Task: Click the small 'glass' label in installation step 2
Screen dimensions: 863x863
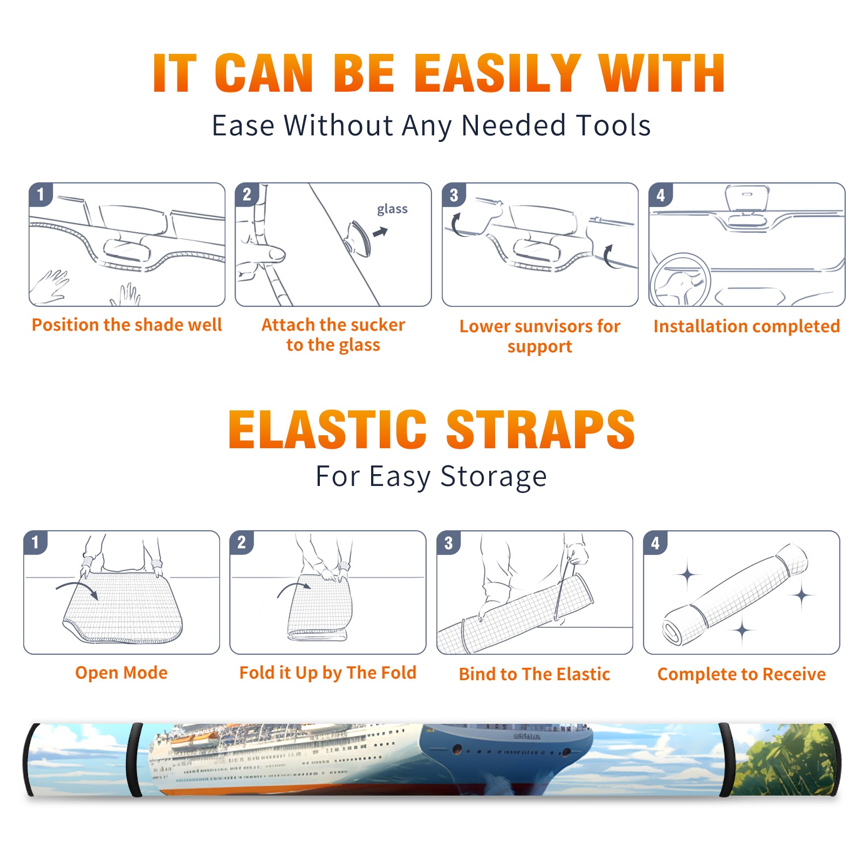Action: (392, 209)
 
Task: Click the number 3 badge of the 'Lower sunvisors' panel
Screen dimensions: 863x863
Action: (454, 195)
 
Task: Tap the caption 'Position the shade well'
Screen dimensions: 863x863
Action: (127, 325)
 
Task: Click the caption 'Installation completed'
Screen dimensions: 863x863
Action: (746, 326)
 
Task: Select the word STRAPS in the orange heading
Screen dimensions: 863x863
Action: (540, 429)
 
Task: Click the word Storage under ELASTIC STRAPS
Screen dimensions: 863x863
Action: (494, 477)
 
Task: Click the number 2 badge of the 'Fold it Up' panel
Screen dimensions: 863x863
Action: (241, 542)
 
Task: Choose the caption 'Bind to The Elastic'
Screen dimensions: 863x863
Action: (535, 674)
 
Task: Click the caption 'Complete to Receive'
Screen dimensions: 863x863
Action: (742, 674)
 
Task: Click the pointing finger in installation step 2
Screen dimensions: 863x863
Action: (261, 253)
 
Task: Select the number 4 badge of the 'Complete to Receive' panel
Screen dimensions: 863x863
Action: (655, 543)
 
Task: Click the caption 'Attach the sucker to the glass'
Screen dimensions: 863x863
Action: (333, 334)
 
